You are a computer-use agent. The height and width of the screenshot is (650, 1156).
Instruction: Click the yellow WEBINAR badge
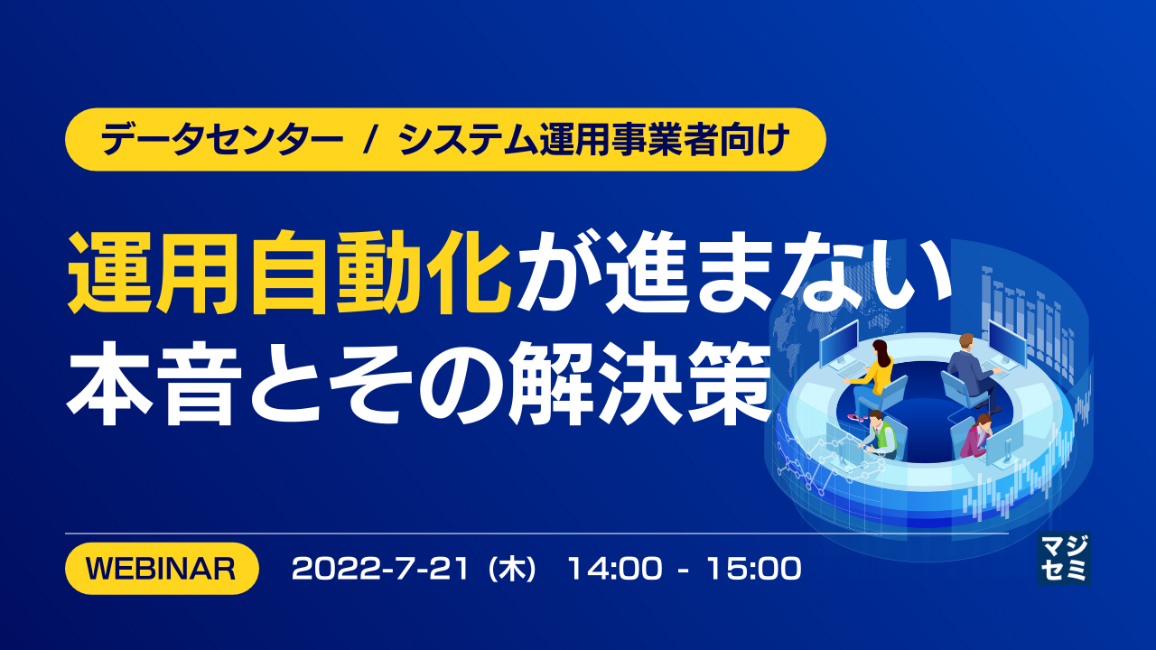pyautogui.click(x=162, y=569)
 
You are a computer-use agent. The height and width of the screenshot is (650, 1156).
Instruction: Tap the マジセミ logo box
pyautogui.click(x=1064, y=558)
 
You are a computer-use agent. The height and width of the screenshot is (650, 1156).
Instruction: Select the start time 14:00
pyautogui.click(x=615, y=569)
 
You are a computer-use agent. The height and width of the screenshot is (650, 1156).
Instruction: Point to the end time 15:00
pyautogui.click(x=754, y=569)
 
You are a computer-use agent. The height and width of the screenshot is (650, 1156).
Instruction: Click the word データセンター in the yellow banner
pyautogui.click(x=222, y=140)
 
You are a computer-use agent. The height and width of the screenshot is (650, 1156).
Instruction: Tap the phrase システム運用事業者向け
pyautogui.click(x=594, y=140)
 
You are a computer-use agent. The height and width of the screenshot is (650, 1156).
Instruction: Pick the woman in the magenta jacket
pyautogui.click(x=975, y=436)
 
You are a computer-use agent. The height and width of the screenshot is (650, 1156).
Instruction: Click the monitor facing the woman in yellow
pyautogui.click(x=839, y=343)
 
